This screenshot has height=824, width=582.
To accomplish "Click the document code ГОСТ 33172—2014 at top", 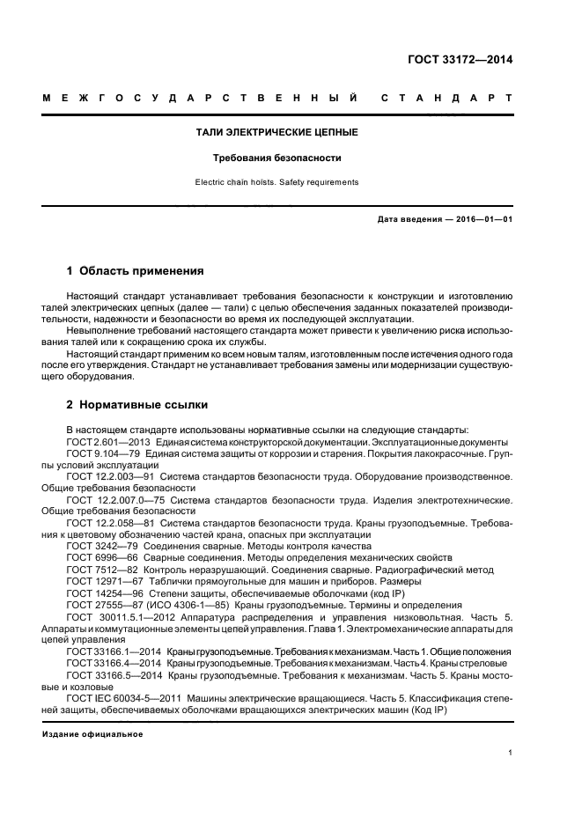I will point(460,60).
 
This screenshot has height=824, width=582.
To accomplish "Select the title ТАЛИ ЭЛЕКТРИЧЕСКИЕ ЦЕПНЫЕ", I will point(276,133).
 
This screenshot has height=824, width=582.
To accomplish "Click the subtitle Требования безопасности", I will point(276,158).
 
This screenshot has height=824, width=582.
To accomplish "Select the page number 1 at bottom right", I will point(510,753).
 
